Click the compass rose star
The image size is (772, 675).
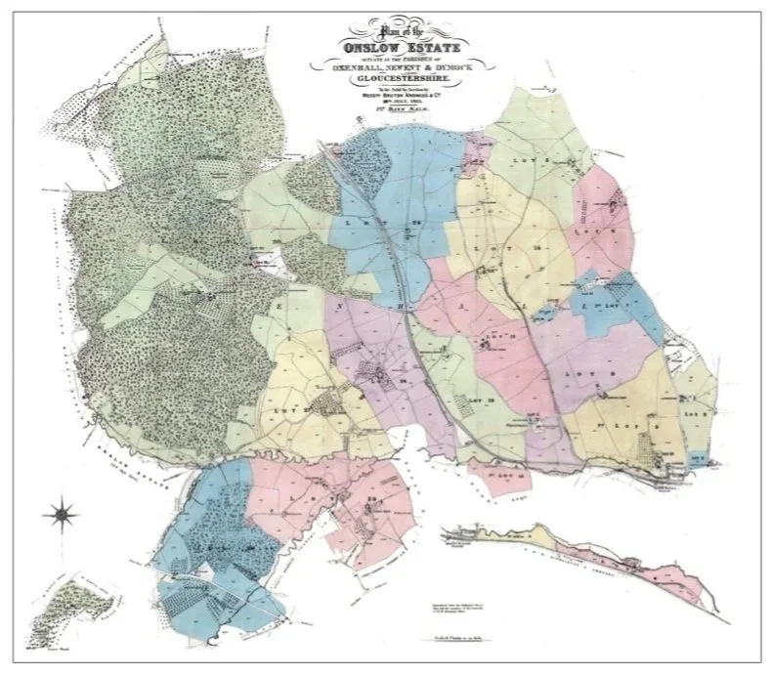tap(62, 510)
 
